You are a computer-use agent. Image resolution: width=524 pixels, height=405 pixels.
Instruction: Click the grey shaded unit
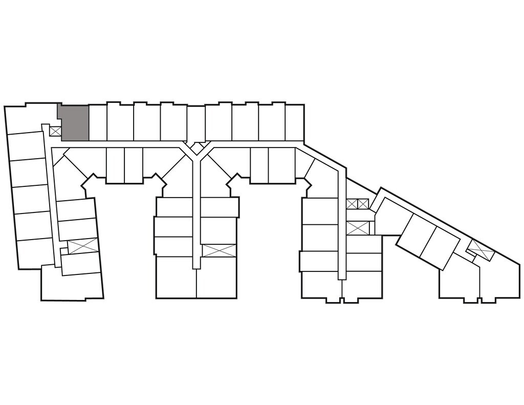(x=75, y=123)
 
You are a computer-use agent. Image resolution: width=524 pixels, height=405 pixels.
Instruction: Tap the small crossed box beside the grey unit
(x=55, y=131)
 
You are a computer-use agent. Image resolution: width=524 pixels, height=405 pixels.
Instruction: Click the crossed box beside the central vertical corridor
(x=219, y=250)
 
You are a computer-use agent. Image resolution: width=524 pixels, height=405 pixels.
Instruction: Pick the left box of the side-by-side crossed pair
(x=352, y=204)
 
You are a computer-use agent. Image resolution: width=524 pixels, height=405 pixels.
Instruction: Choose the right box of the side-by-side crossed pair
(x=363, y=204)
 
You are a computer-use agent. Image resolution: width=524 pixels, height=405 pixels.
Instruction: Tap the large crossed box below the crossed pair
(x=357, y=228)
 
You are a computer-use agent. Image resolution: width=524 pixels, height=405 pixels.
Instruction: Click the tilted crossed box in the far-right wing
(x=481, y=249)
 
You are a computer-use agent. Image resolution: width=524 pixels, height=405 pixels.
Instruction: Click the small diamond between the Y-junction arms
(x=195, y=147)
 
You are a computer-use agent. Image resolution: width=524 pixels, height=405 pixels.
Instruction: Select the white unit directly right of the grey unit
(x=98, y=122)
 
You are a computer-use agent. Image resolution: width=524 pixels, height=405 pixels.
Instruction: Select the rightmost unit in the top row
(x=294, y=122)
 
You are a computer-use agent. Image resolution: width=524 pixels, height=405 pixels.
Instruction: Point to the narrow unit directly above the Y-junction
(x=195, y=123)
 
